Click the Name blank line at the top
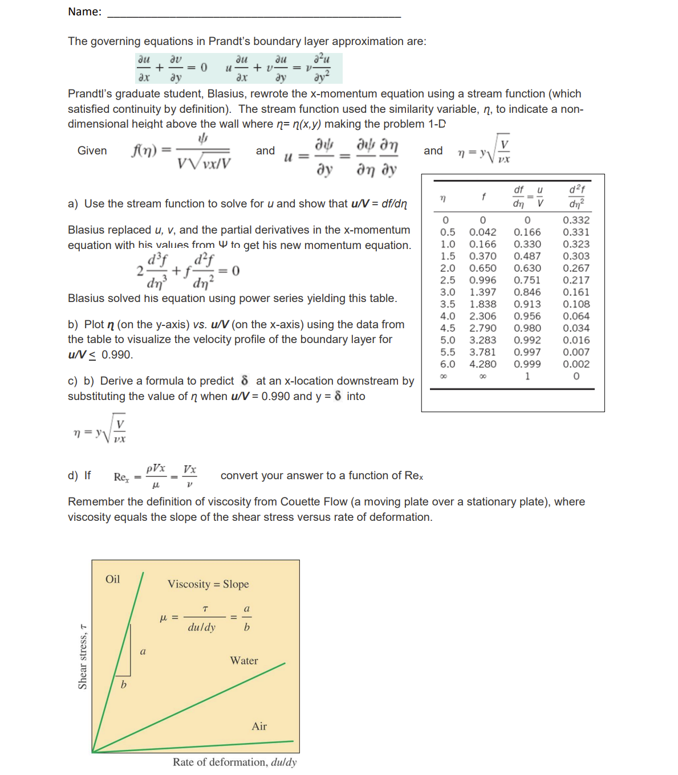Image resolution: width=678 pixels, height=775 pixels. (x=254, y=16)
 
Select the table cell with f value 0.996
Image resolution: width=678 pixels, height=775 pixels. (x=482, y=280)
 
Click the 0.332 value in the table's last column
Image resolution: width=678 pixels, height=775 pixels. (x=576, y=220)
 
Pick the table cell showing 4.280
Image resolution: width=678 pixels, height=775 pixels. (x=482, y=364)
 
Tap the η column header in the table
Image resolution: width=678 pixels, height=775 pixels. (x=443, y=198)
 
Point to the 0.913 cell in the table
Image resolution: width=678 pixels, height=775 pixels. (x=527, y=304)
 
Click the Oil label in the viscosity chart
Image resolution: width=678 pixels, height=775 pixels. (x=113, y=580)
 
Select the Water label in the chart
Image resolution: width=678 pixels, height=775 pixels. (x=244, y=661)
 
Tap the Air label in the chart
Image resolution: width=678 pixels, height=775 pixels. (x=259, y=727)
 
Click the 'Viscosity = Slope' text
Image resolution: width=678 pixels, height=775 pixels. (x=208, y=584)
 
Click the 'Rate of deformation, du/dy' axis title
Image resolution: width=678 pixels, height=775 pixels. (x=234, y=762)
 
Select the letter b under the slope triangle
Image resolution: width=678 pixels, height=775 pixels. (x=123, y=685)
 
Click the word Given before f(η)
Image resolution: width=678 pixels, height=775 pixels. (x=92, y=151)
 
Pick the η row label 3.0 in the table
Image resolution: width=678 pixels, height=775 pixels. (x=448, y=292)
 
